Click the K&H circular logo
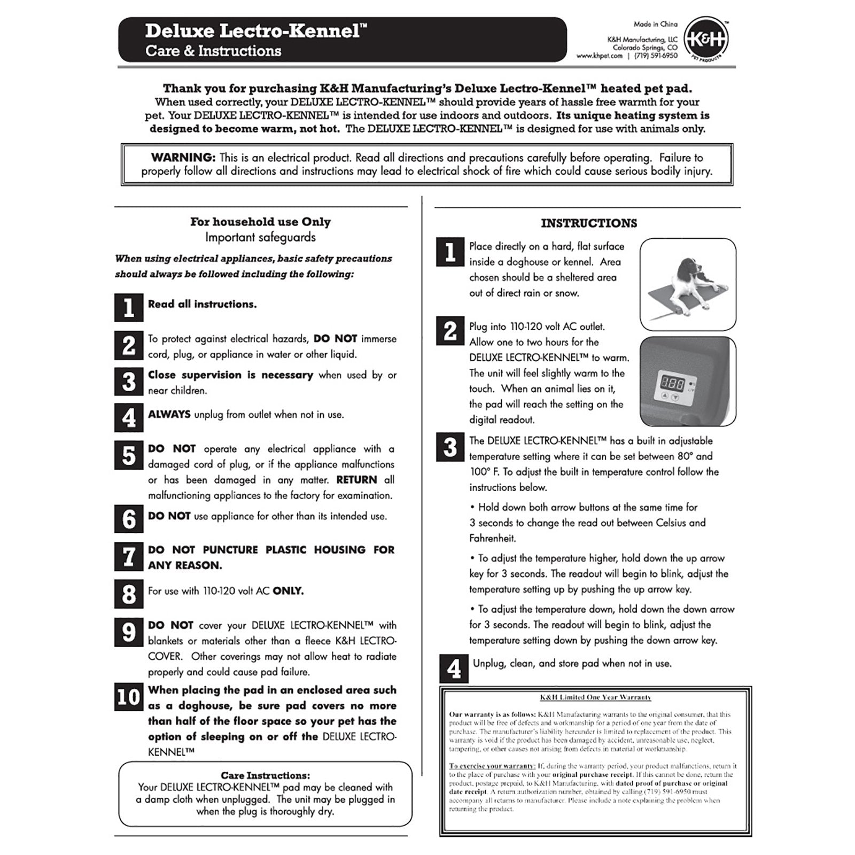[x=706, y=40]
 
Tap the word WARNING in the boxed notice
[x=183, y=158]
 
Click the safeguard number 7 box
[x=129, y=557]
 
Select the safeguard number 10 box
[x=129, y=697]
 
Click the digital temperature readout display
[x=672, y=383]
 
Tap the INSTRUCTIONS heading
[x=589, y=223]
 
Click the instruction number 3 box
[x=450, y=447]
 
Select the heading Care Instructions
[x=265, y=775]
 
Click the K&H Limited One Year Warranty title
[x=595, y=697]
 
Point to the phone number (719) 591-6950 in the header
[x=656, y=56]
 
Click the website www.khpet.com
[x=599, y=56]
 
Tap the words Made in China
[x=655, y=24]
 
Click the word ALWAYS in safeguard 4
[x=169, y=415]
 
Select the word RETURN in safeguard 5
[x=356, y=480]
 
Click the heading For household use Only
[x=260, y=222]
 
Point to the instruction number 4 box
[x=454, y=669]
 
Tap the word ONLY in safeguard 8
[x=288, y=591]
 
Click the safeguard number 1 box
[x=129, y=307]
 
